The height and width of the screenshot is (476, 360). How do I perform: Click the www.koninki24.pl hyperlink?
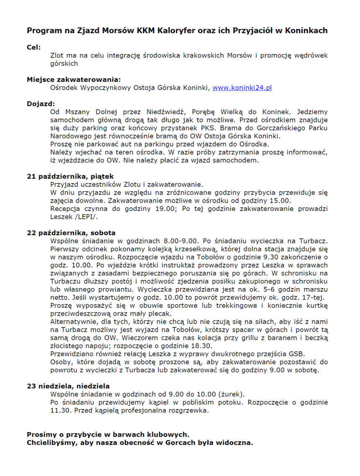pos(242,88)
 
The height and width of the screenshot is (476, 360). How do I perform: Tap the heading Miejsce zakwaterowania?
pos(74,80)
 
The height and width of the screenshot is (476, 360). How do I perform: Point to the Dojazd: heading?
pos(41,104)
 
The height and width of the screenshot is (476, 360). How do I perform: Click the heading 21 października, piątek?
pos(70,177)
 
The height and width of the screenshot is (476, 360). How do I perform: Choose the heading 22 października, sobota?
pos(71,233)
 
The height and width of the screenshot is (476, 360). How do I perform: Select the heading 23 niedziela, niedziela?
pos(68,386)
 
